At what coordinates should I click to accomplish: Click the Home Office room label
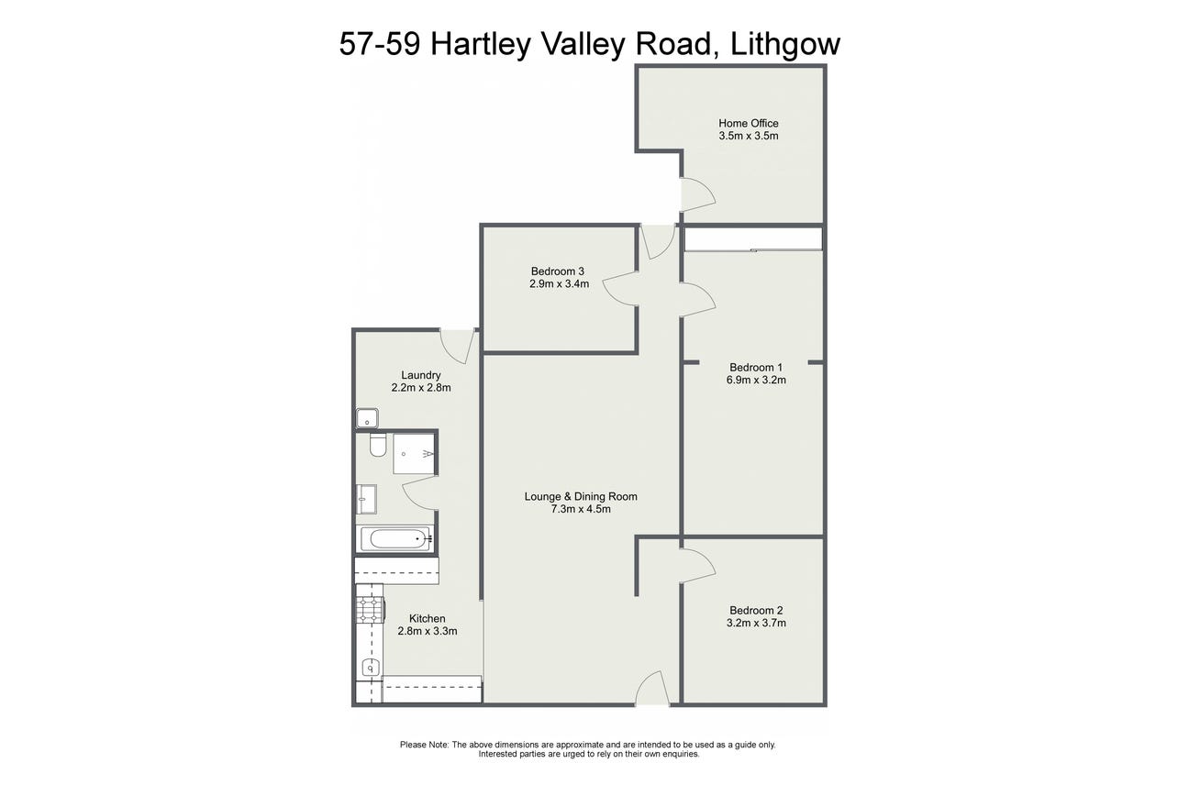point(749,123)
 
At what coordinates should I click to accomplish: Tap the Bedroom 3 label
point(558,271)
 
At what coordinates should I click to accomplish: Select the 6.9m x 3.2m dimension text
point(756,381)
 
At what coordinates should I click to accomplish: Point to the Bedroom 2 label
point(756,611)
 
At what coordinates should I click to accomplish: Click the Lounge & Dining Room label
point(581,496)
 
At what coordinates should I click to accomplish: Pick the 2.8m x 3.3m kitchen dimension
point(428,631)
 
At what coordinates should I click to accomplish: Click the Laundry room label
point(421,375)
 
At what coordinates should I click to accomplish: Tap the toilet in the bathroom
point(378,444)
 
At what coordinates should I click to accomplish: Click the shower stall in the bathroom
point(414,453)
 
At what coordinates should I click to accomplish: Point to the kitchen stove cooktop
point(371,610)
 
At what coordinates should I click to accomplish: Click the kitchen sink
point(371,669)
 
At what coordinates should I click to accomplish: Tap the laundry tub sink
point(367,418)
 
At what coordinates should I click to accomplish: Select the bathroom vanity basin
point(367,499)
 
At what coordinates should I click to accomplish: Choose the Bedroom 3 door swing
point(620,288)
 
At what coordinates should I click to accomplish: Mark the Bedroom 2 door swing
point(698,566)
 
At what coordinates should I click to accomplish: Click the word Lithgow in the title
point(785,44)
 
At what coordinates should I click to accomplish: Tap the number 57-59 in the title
point(380,44)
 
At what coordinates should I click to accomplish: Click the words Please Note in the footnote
point(425,745)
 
